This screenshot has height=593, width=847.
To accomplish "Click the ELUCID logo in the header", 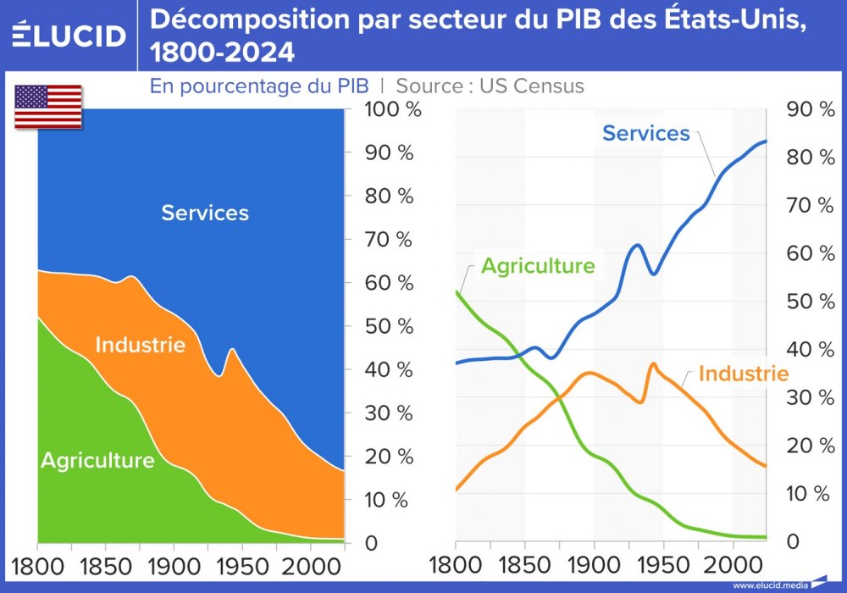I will [x=69, y=35].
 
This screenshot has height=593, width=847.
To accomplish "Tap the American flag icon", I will [x=48, y=107].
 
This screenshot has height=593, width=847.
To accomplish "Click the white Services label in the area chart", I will [x=205, y=213].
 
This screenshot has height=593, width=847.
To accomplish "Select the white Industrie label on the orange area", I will [x=140, y=346].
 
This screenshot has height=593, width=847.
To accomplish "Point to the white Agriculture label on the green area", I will [x=97, y=461].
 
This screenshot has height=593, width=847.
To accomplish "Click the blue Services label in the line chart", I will [x=645, y=134].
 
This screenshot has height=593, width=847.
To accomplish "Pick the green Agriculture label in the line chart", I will [x=538, y=266].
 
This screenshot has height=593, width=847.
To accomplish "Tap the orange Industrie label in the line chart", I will [x=743, y=374].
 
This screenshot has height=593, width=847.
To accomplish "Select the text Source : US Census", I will [x=490, y=86].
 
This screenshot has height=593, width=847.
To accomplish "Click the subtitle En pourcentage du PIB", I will [x=259, y=86].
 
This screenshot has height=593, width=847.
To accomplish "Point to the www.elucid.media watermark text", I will [x=768, y=585].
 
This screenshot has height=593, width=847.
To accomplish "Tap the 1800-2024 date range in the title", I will [x=223, y=53].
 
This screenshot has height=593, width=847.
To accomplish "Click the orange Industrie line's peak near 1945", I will [x=653, y=363].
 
